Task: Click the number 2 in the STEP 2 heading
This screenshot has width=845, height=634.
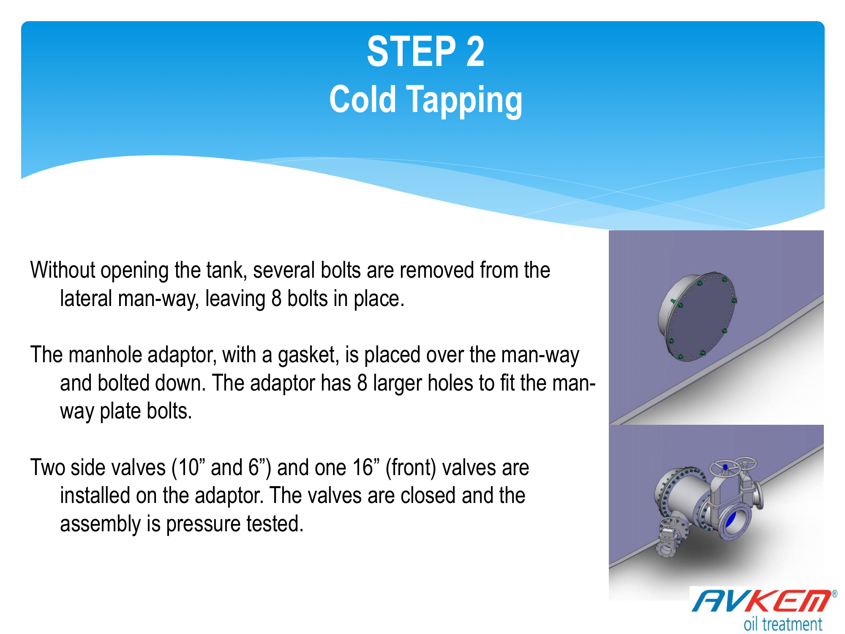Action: [475, 52]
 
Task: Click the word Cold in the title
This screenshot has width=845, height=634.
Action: [363, 99]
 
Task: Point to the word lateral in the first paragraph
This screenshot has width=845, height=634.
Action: [86, 298]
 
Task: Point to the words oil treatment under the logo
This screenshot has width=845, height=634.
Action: [783, 624]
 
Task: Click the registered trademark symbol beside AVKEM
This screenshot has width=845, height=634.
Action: [834, 594]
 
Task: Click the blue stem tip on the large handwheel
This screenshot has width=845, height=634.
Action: [725, 467]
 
